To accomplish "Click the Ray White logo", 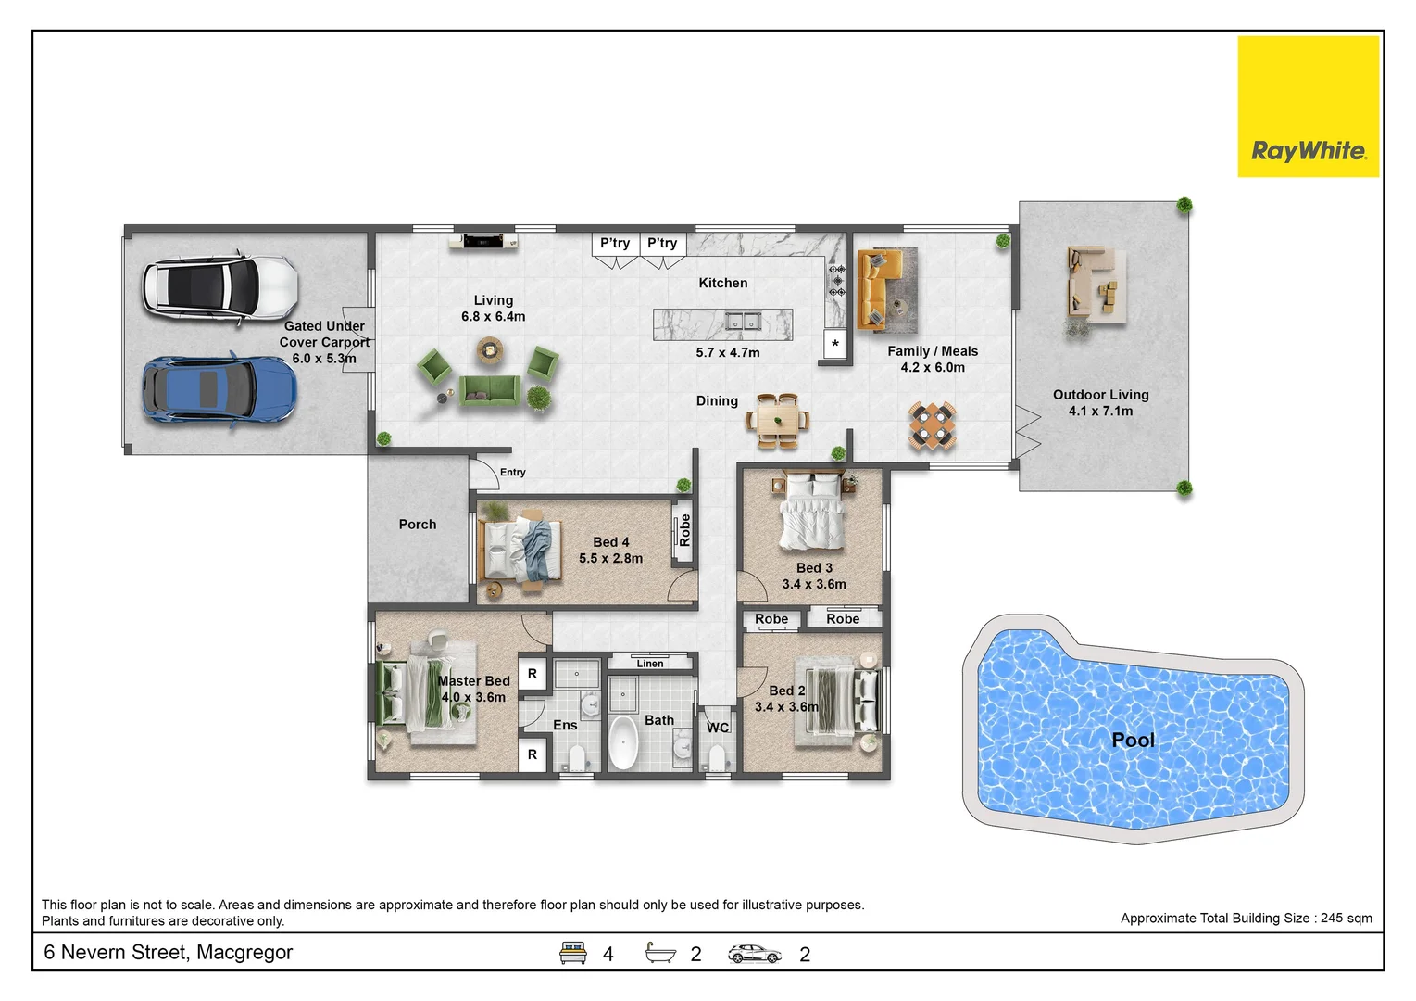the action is click(x=1308, y=107).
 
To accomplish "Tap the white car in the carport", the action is click(x=220, y=288).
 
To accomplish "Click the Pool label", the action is click(x=1133, y=740).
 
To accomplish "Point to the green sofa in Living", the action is click(x=490, y=389).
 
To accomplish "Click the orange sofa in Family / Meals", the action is click(x=878, y=289).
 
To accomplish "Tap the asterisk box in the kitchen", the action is click(x=835, y=344).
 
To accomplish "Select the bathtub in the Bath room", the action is click(x=623, y=742).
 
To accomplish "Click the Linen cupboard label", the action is click(x=650, y=664).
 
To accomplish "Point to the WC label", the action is click(x=718, y=728).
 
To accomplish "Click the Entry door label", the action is click(x=513, y=472).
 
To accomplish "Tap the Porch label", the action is click(x=418, y=525).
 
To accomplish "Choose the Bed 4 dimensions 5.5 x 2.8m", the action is click(x=610, y=558).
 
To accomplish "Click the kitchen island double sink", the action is click(x=743, y=322).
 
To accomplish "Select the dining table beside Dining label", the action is click(x=778, y=421).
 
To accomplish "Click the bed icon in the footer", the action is click(x=572, y=953).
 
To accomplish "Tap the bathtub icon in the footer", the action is click(x=660, y=953).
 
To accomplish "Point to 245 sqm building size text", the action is click(x=1346, y=919).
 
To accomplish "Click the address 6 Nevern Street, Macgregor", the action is click(x=169, y=952).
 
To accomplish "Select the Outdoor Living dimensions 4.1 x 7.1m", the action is click(x=1100, y=411).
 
